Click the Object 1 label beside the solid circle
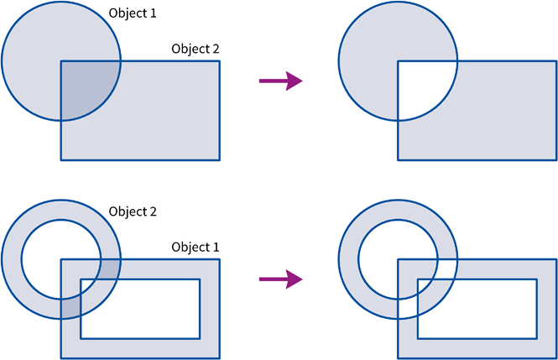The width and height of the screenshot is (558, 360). pos(133,13)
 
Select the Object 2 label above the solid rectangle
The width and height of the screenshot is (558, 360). pos(196,49)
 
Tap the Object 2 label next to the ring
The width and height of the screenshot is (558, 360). pos(133,211)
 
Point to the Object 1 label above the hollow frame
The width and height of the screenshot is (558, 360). pos(196,248)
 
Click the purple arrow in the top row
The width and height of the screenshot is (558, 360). pos(281,81)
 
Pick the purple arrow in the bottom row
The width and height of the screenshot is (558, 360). pos(281,279)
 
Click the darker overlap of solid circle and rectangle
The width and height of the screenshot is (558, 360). pos(86,86)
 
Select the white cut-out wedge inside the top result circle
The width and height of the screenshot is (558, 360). pos(422,86)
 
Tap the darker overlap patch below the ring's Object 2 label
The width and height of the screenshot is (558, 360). pos(110,269)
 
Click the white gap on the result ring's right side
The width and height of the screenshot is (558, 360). pos(447,269)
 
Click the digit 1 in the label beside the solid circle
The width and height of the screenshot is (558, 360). pos(154,13)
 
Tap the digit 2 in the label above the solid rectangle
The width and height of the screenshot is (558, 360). pos(216,49)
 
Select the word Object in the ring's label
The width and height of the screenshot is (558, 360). pos(128,212)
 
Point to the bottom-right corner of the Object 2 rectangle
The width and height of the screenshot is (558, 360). pos(220,160)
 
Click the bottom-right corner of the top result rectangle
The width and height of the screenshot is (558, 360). pos(556,160)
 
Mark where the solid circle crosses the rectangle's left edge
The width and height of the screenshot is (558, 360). pos(61,121)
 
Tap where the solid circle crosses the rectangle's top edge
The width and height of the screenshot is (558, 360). pos(121,61)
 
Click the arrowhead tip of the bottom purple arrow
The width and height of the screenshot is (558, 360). pos(302,279)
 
